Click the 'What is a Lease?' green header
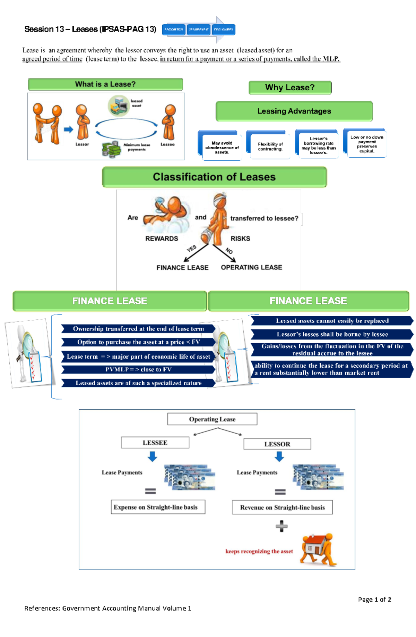click(105, 84)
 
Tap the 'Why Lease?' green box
click(290, 87)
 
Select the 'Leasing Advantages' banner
click(294, 111)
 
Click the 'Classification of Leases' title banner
click(214, 177)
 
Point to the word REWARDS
click(162, 239)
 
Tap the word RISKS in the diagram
click(240, 239)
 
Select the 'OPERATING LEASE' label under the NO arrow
click(251, 268)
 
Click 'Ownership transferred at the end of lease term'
click(138, 329)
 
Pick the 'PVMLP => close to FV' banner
click(138, 369)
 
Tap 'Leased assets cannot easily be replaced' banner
click(332, 321)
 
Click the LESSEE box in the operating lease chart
click(155, 443)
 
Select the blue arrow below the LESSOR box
click(279, 456)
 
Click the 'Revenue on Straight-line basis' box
click(282, 508)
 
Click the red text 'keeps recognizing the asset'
click(259, 551)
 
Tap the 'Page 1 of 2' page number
click(374, 600)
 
